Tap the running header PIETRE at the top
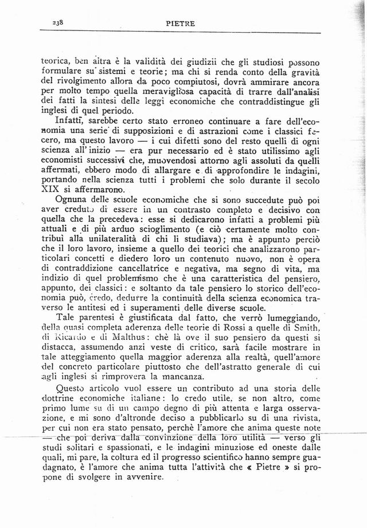click(181, 24)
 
